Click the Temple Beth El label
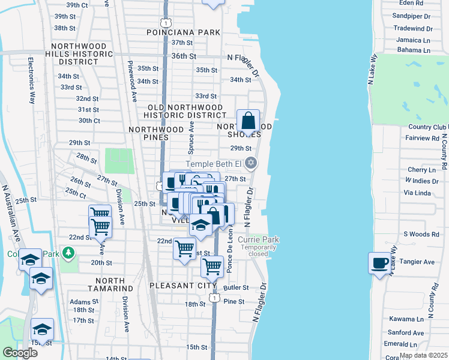(213, 164)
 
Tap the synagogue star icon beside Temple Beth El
(252, 163)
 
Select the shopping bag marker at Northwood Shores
(248, 121)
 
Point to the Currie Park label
(258, 239)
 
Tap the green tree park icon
(70, 253)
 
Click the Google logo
(20, 352)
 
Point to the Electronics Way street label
(30, 82)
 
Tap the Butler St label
(236, 288)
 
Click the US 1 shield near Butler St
(213, 298)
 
